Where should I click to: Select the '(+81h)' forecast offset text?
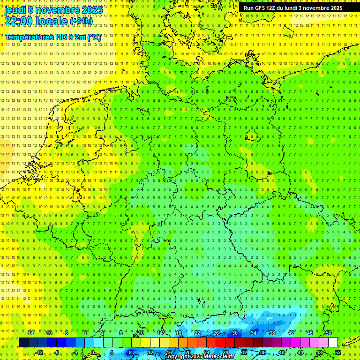click(x=81, y=21)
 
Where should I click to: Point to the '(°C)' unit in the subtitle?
click(x=93, y=37)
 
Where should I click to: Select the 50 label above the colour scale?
click(x=328, y=333)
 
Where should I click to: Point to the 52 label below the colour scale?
click(x=337, y=352)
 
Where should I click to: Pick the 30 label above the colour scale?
click(x=234, y=333)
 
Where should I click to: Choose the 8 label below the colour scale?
click(x=130, y=352)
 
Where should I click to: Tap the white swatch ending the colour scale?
click(x=333, y=343)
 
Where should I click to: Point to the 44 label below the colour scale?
click(x=300, y=352)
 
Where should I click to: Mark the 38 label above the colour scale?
click(x=272, y=333)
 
